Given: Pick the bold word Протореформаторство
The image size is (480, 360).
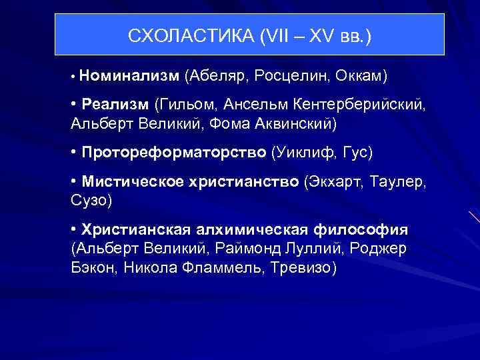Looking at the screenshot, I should (x=173, y=153).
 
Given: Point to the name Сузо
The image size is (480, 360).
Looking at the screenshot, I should (x=90, y=200).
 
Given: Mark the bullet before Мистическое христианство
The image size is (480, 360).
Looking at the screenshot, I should (x=73, y=182).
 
